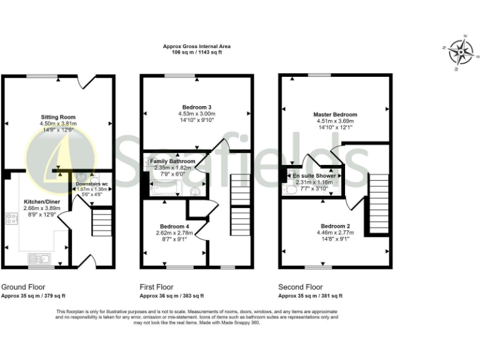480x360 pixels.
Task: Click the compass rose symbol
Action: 461,51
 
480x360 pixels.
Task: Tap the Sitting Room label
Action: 58,117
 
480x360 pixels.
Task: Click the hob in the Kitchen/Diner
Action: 11,218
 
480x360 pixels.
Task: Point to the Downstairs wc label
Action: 92,184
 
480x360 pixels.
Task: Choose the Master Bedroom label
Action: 336,115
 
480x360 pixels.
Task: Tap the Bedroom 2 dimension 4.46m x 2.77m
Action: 336,232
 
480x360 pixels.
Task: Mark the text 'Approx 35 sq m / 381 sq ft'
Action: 310,296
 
